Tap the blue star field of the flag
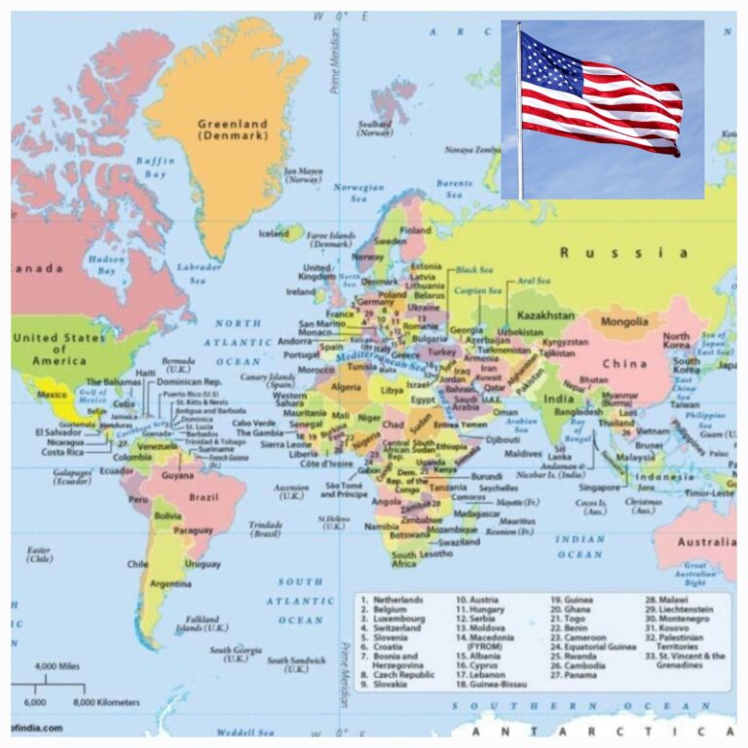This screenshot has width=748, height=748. coord(550,63)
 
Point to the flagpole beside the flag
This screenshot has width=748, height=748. coord(519,117)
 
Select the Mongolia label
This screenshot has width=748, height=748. coord(624,321)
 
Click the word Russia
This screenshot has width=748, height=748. coord(623,253)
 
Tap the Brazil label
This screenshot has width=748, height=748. coord(204,497)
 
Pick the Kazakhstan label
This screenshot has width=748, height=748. coord(545,317)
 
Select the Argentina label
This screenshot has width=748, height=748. coord(170,583)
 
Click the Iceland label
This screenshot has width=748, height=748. coord(274,234)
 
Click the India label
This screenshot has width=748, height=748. coord(558,399)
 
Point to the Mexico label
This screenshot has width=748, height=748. coord(51,394)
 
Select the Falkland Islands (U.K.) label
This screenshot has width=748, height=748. coord(203,622)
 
